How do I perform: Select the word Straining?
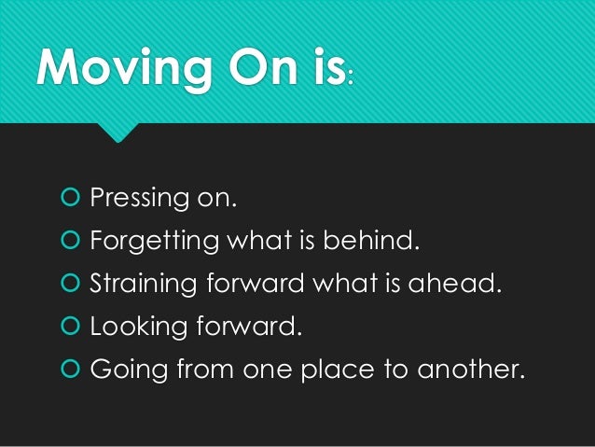tap(139, 286)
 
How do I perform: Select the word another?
tap(466, 370)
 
